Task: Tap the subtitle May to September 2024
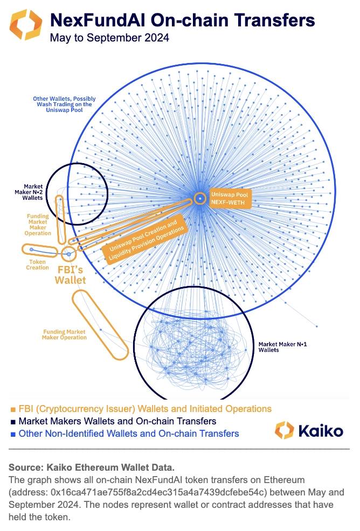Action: coord(109,38)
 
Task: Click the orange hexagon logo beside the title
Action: coord(26,24)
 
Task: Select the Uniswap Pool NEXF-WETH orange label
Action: coord(230,198)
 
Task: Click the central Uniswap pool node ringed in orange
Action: coord(200,198)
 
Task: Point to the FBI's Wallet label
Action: coord(70,275)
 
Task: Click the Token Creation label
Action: coord(37,264)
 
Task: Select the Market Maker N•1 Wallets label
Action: coord(282,347)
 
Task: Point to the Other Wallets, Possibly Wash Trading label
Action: coord(64,104)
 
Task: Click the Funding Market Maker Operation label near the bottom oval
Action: coord(64,334)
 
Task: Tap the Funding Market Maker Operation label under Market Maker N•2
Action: coord(38,224)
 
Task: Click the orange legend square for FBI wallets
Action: coord(13,409)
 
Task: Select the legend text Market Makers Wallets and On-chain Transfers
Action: coord(117,421)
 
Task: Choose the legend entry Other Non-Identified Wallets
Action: coord(129,434)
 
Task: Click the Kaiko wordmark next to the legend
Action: coord(320,431)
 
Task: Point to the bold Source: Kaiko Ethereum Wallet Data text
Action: coord(92,467)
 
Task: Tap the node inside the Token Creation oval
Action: coord(31,249)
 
